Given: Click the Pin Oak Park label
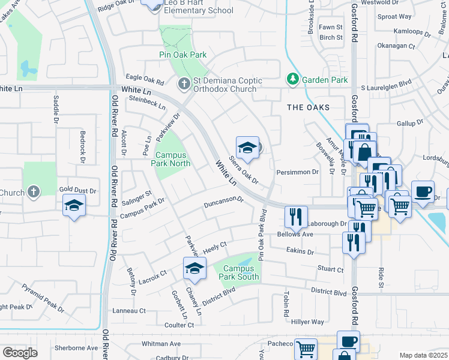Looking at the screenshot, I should (x=183, y=55).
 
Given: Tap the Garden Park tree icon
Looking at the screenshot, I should (x=292, y=79).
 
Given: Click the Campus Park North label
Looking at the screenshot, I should (x=173, y=159).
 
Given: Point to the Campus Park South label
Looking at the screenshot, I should (x=241, y=272).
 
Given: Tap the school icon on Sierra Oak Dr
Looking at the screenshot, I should (x=247, y=147).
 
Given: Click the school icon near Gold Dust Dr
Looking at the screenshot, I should (x=74, y=206).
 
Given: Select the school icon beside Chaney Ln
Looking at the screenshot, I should (x=194, y=268).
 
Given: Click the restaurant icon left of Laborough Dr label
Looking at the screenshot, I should (x=295, y=217).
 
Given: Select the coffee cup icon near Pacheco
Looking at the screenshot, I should (x=348, y=341).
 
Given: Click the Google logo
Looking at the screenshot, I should (x=20, y=353).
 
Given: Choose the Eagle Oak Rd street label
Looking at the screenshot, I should (x=144, y=78).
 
